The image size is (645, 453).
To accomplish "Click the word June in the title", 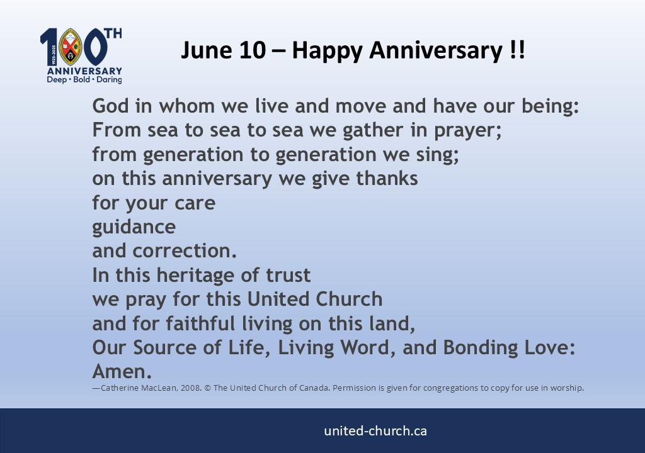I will pyautogui.click(x=203, y=50).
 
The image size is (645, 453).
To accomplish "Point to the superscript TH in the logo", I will pyautogui.click(x=113, y=33).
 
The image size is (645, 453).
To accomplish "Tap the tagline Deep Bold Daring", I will pyautogui.click(x=84, y=81).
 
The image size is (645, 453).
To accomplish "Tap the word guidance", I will pyautogui.click(x=134, y=226).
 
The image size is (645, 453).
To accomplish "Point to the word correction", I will pyautogui.click(x=185, y=251).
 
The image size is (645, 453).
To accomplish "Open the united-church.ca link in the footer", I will pyautogui.click(x=375, y=431).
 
